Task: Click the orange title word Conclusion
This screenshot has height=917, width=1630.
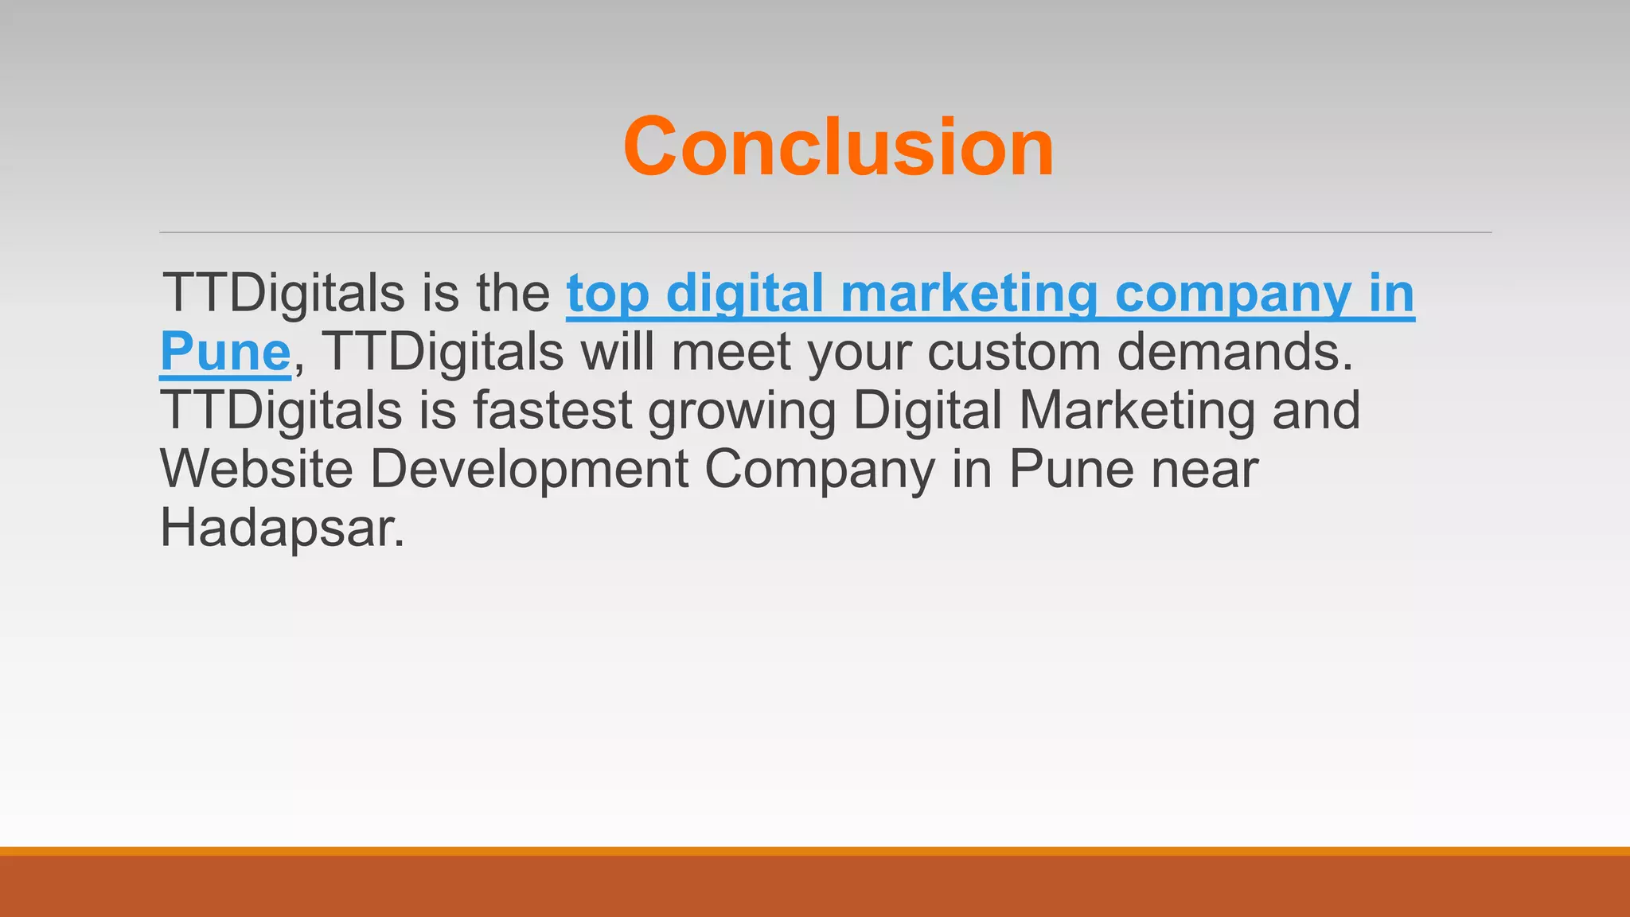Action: point(838,147)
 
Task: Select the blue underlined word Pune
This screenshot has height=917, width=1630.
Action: point(225,352)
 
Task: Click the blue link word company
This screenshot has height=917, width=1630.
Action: point(1232,295)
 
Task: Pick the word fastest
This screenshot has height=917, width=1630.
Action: point(552,411)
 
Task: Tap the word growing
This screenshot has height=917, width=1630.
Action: point(741,411)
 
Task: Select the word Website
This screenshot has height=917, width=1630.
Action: point(256,469)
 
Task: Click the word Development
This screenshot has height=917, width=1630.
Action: point(529,469)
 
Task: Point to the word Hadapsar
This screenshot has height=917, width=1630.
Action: point(283,528)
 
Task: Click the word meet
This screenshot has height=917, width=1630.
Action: point(731,352)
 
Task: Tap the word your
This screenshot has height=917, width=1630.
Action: point(860,352)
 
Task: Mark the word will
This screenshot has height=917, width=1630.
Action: point(617,352)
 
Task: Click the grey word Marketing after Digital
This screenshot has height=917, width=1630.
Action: point(1137,411)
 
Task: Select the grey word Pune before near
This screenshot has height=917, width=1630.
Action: point(1070,469)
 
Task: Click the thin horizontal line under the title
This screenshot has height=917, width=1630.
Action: point(825,232)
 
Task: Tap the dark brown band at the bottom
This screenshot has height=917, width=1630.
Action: point(815,887)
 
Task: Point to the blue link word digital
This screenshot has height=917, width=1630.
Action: point(744,295)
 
